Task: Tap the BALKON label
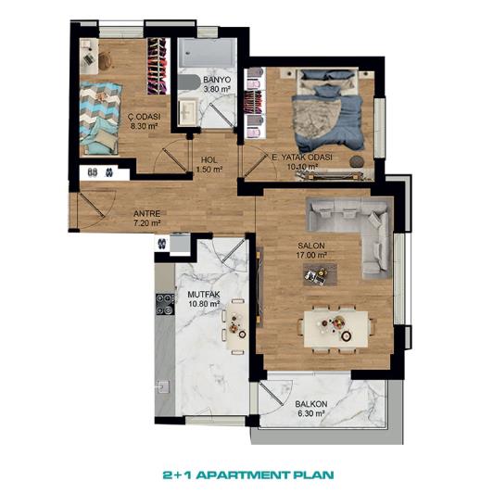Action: click(x=310, y=404)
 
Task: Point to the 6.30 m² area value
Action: click(x=310, y=415)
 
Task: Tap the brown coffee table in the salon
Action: click(x=320, y=272)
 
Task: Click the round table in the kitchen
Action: click(x=236, y=322)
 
